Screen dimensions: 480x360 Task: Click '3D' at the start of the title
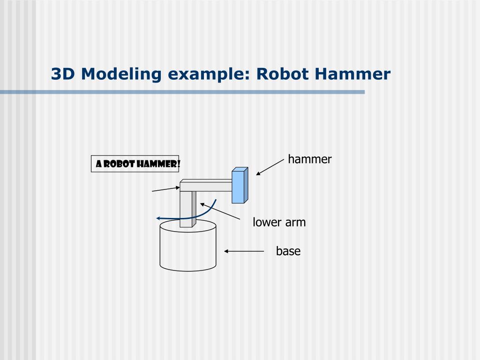click(63, 74)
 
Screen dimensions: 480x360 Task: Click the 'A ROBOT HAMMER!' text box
click(135, 164)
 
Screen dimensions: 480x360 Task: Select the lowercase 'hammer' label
click(309, 159)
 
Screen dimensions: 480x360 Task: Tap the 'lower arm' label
click(279, 222)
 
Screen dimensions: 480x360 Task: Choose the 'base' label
click(288, 251)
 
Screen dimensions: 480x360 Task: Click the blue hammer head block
click(239, 186)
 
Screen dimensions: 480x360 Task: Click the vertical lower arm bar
click(186, 209)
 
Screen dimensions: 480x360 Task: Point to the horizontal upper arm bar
click(206, 186)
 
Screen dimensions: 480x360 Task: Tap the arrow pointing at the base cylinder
click(244, 251)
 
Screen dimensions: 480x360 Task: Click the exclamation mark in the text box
click(179, 164)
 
